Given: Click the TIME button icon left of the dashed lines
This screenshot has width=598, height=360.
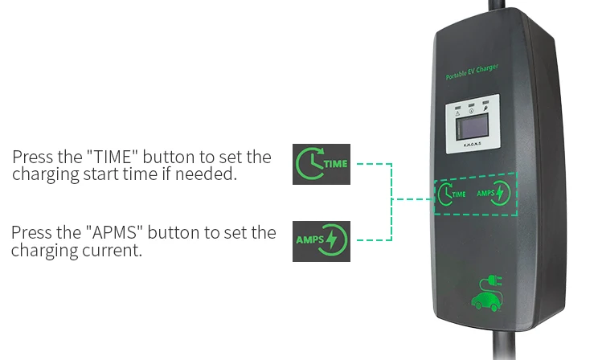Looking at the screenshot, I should pos(321,164).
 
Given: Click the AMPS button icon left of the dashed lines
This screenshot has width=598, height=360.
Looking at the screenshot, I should pos(321,239).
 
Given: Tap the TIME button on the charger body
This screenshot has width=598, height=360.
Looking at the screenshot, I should pos(452,193).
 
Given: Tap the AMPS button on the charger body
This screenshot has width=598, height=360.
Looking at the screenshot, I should pos(492,193).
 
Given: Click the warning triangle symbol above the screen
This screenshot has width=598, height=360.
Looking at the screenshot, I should pos(457,112).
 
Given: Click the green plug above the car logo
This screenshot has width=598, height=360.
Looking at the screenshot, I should pos(491,281).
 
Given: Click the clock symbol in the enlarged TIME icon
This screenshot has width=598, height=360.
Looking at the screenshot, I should pos(309,164).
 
